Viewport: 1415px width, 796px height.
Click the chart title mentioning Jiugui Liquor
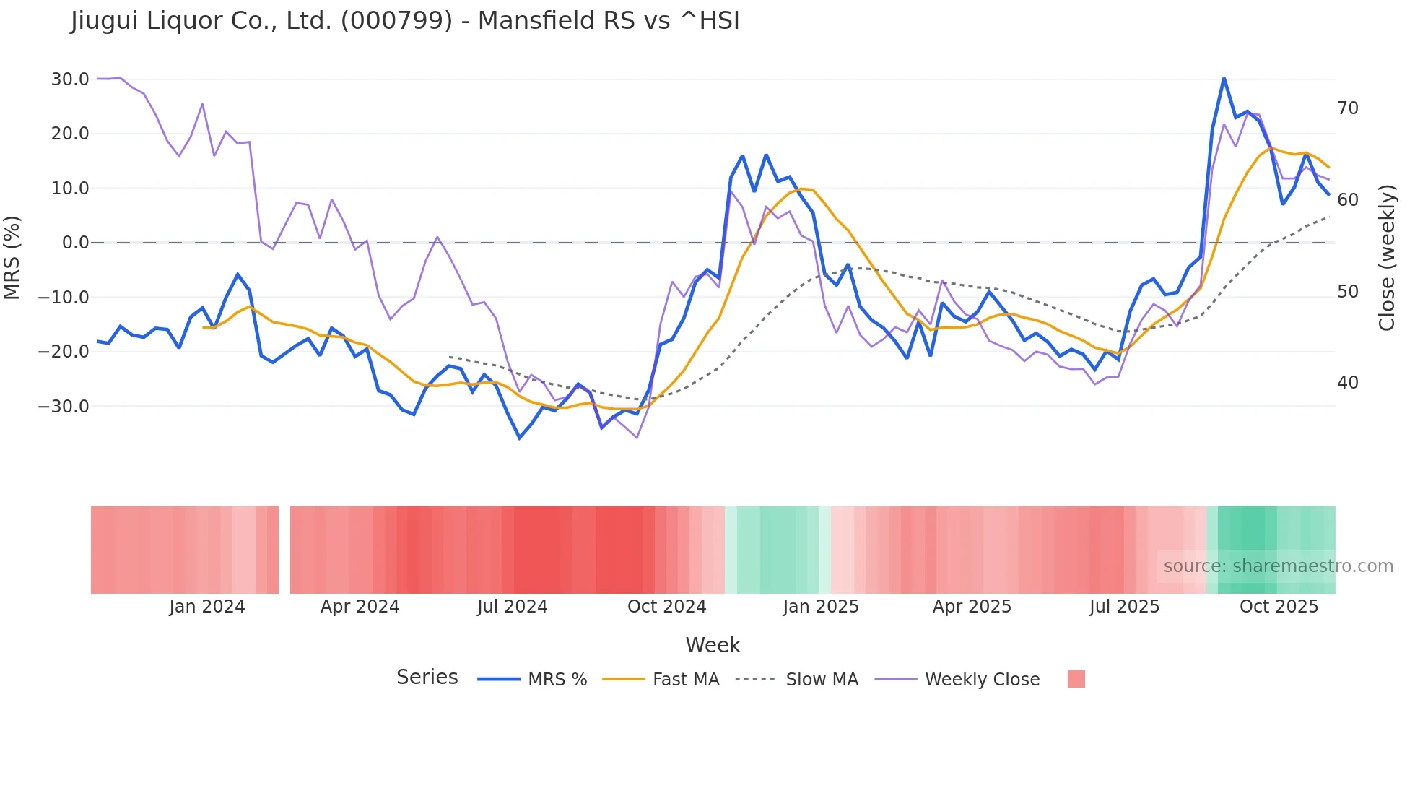pos(405,21)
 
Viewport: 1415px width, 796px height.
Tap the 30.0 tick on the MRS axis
pos(70,79)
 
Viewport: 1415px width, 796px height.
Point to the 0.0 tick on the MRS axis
pos(75,243)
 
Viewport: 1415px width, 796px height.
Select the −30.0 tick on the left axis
pos(64,406)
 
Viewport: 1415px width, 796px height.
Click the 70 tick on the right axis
pos(1348,108)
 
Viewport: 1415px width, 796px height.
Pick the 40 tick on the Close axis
pos(1348,383)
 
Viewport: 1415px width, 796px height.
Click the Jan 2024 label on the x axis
pos(207,607)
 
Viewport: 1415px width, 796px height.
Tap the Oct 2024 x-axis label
pos(666,607)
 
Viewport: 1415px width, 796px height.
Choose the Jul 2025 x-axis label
pos(1124,607)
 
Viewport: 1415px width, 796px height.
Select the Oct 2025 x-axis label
pos(1279,607)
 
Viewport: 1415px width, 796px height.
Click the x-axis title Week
pos(713,645)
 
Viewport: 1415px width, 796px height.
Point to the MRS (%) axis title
pos(12,257)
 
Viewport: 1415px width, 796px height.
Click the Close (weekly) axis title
pos(1387,257)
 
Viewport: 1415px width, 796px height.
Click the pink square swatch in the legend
pos(1076,679)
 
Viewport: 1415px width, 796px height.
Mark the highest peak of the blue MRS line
pos(1224,78)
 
